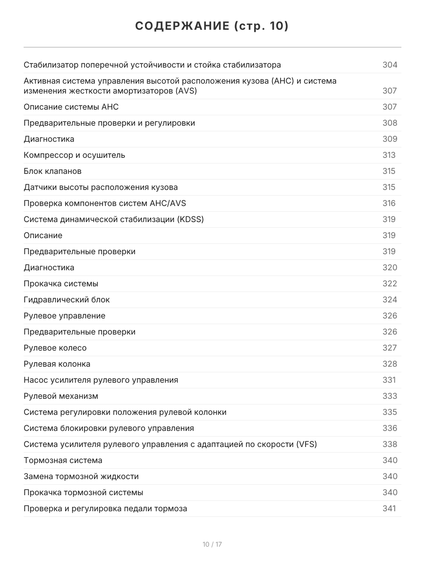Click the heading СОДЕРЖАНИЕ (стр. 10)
coord(212,26)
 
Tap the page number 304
coord(390,65)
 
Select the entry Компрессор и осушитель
coord(74,155)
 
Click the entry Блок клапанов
coord(52,171)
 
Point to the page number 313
coord(389,155)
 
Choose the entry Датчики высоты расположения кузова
coord(101,187)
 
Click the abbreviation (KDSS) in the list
coord(189,219)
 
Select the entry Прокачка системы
coord(61,283)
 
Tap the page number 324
coord(390,300)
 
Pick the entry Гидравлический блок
coord(67,300)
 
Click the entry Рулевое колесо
coord(55,348)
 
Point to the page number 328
coord(390,364)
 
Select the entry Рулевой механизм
coord(61,396)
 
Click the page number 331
coord(389,380)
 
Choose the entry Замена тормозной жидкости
coord(81,476)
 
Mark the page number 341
coord(389,508)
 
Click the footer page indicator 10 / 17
coord(212,544)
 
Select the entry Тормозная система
coord(63,460)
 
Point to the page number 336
coord(390,428)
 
